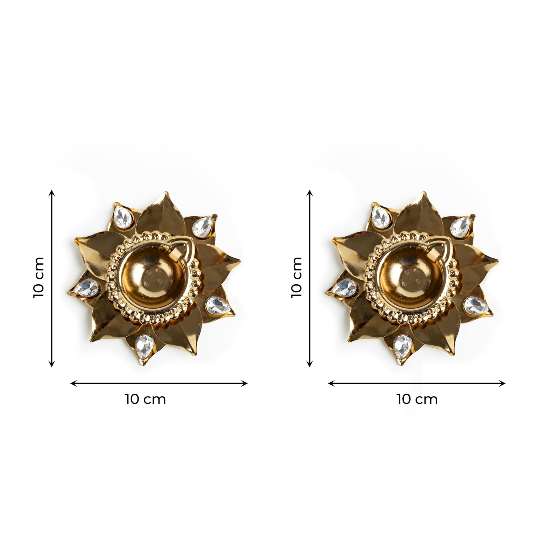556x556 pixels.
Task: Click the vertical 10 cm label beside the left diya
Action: [x=39, y=278]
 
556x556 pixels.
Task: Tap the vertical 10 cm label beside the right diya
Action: [x=296, y=278]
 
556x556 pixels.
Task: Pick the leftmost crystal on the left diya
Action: [x=85, y=287]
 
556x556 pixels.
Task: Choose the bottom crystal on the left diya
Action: [x=144, y=347]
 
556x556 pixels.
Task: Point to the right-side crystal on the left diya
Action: [x=218, y=306]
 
